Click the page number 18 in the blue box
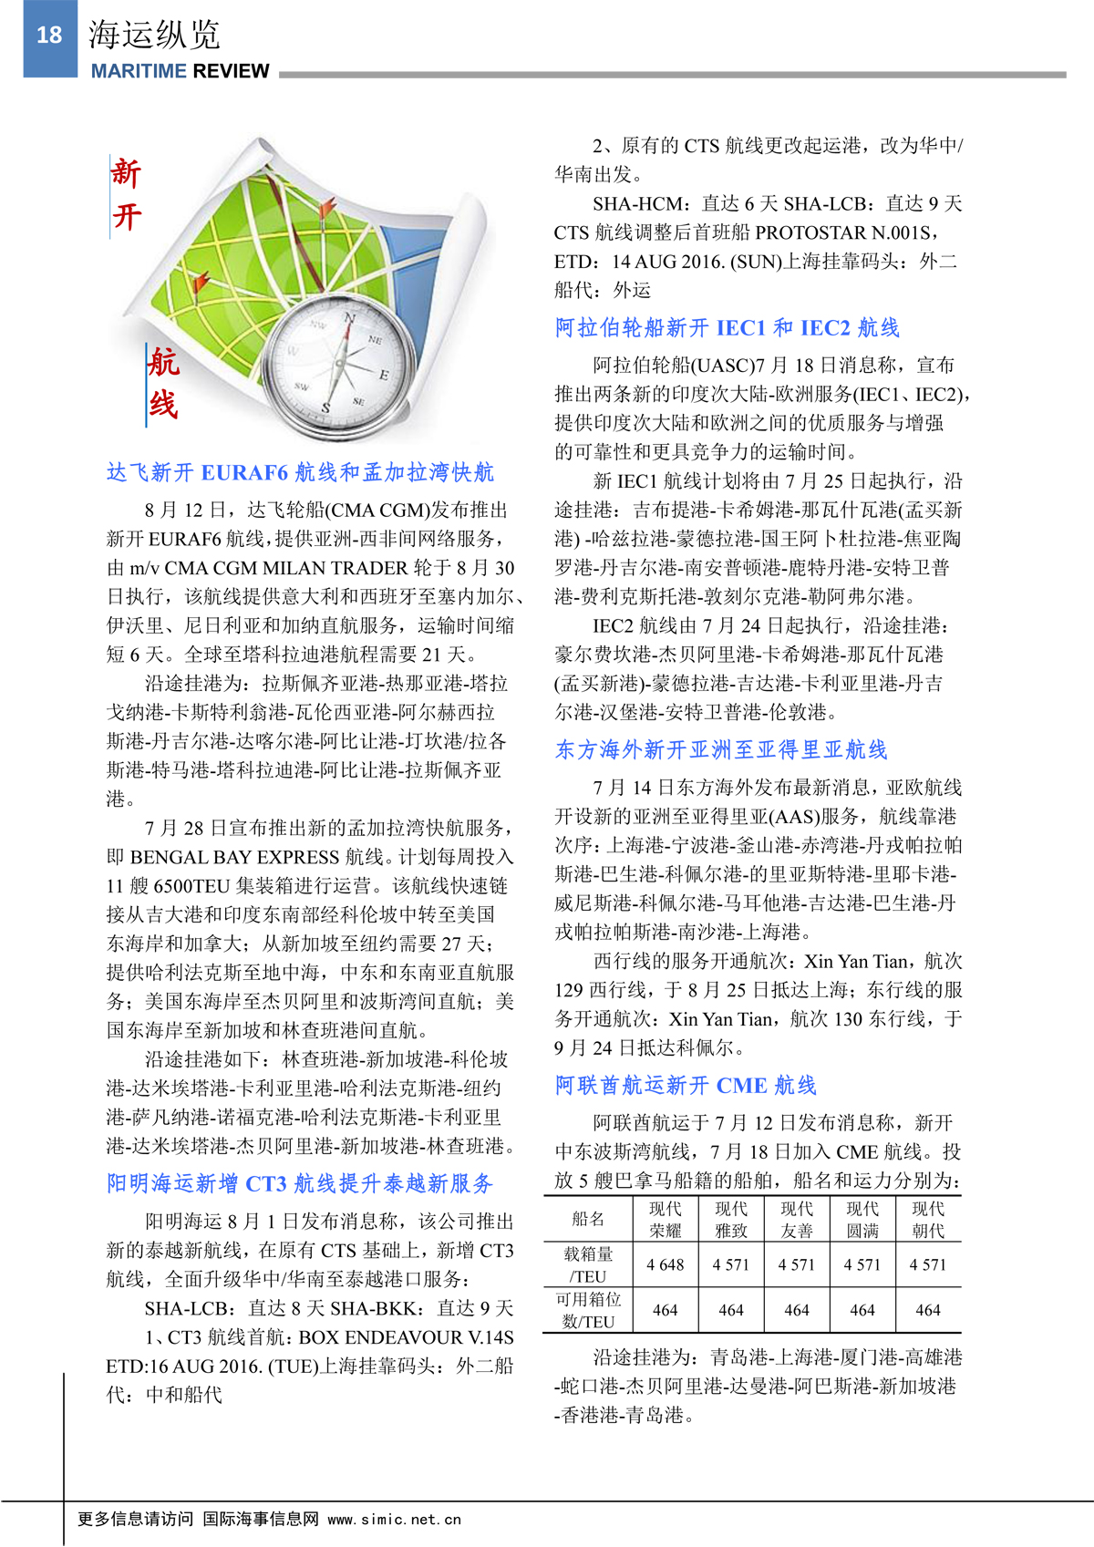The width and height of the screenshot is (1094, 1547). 49,36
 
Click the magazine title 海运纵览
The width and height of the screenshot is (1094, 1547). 154,35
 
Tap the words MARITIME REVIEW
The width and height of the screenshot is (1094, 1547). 180,71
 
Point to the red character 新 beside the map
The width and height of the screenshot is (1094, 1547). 126,172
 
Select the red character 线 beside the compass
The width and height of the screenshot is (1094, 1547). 163,404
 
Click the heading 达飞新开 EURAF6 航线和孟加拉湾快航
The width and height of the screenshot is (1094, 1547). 300,472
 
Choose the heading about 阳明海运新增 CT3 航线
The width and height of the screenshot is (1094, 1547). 300,1183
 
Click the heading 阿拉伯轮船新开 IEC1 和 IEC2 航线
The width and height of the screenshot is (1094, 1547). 727,327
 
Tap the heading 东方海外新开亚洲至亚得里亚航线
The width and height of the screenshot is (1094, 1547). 721,749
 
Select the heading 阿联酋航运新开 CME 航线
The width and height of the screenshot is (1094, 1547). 686,1085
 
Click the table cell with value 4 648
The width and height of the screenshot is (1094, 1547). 665,1264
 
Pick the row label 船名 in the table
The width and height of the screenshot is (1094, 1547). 588,1219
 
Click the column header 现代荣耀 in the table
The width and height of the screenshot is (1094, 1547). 665,1219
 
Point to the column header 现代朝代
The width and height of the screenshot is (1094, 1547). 927,1219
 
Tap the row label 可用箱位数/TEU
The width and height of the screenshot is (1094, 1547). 588,1310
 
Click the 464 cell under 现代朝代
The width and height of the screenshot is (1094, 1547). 927,1310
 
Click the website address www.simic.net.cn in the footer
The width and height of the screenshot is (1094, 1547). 394,1519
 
